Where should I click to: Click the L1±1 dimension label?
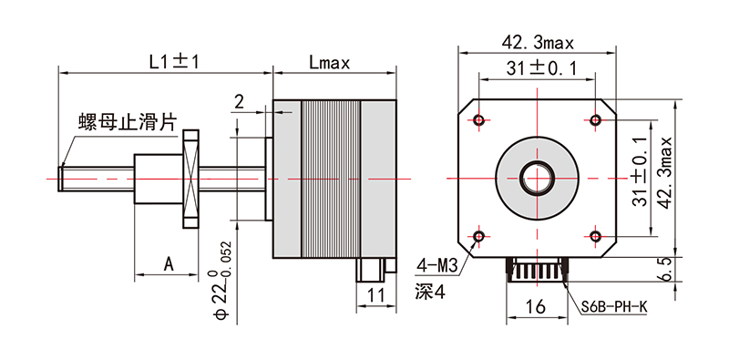point(174,62)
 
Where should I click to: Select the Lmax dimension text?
point(329,63)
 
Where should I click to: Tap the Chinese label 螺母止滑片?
point(127,122)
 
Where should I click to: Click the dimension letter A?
point(169,264)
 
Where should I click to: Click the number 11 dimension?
point(377,295)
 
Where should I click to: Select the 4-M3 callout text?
point(437,265)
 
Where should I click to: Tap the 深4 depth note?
point(428,292)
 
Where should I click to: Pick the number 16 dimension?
point(535,306)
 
